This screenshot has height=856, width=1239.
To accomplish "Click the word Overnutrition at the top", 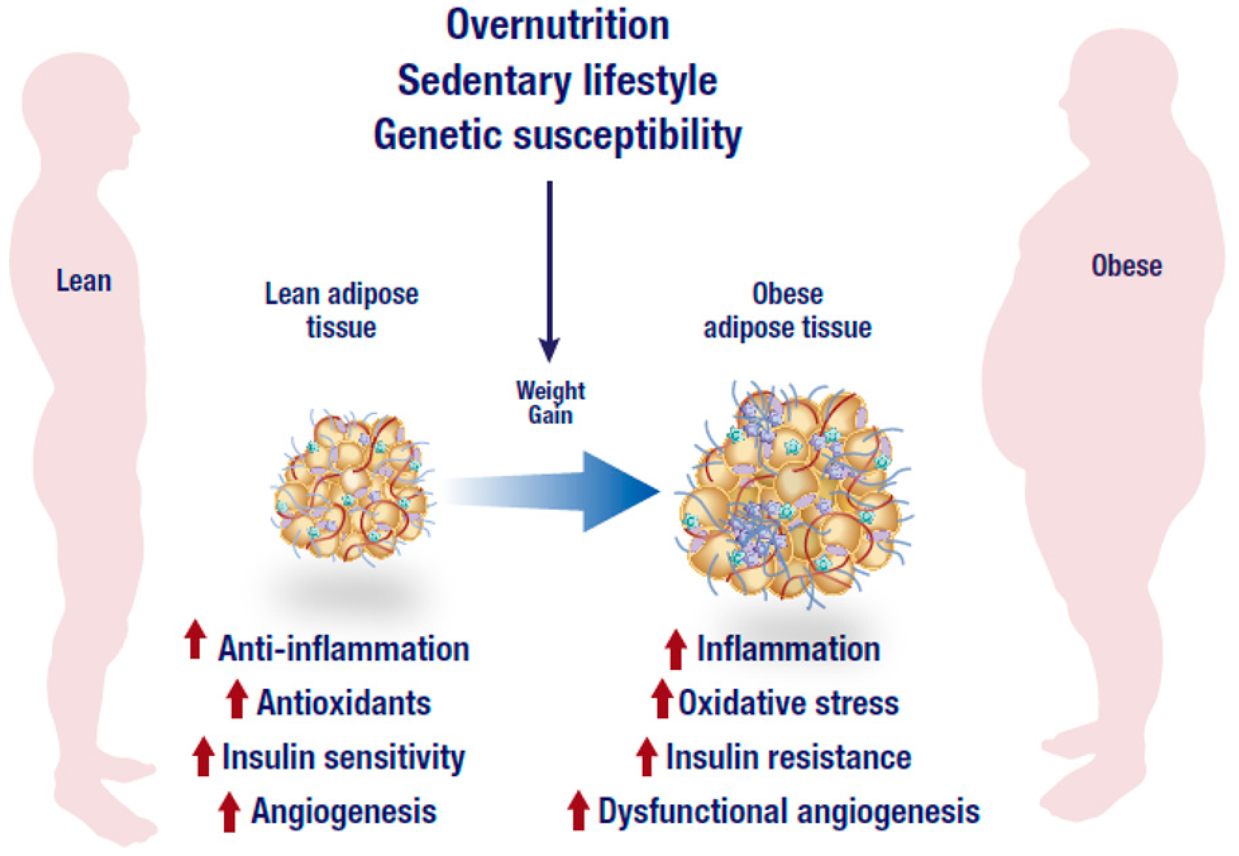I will [x=557, y=26].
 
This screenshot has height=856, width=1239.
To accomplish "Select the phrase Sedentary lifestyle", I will [x=557, y=81].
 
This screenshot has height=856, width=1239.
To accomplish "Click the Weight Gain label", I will [x=550, y=402].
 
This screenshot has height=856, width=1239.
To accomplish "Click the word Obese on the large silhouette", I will [x=1127, y=265].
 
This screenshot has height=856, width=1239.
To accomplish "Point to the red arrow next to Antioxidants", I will [x=237, y=698].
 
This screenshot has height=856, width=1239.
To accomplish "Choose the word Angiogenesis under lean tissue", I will [x=344, y=811].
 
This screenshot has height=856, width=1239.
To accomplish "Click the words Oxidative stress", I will [x=788, y=703].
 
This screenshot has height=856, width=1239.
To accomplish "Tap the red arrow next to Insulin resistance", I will [x=647, y=756].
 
